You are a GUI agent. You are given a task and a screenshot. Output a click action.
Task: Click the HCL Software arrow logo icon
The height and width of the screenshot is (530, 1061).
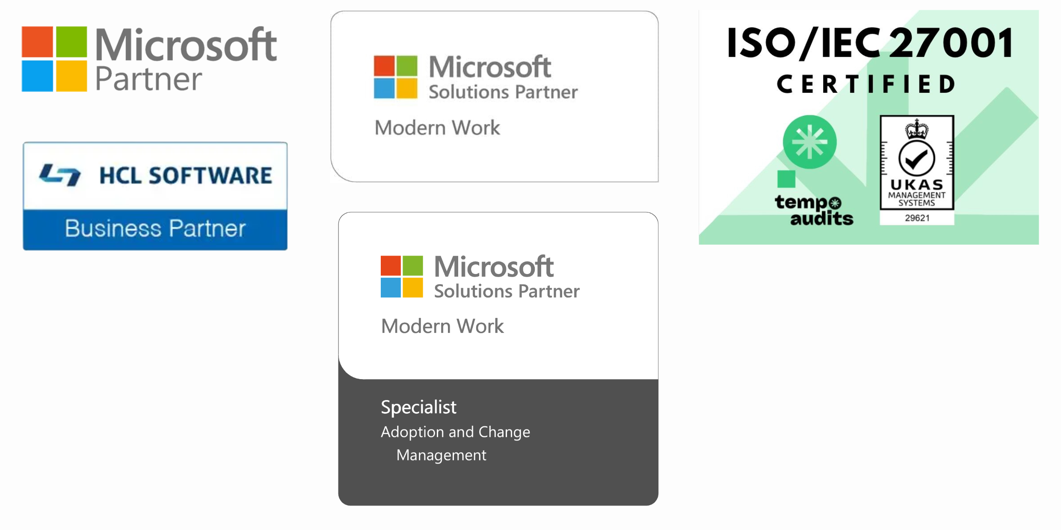(x=60, y=175)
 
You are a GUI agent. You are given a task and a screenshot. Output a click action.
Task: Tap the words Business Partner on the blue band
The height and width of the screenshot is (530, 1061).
(x=155, y=228)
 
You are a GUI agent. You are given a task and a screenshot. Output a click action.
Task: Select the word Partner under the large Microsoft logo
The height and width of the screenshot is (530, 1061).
(x=148, y=79)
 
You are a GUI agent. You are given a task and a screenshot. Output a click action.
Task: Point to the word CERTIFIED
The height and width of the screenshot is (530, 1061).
(x=866, y=84)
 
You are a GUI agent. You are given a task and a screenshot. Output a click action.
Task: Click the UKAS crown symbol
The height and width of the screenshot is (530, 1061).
(x=917, y=129)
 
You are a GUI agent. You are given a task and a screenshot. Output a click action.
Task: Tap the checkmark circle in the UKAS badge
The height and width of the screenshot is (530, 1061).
(x=917, y=158)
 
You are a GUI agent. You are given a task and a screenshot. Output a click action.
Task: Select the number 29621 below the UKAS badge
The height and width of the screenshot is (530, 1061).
(x=917, y=218)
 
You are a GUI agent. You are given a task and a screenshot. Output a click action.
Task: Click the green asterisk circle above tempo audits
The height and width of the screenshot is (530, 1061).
(x=809, y=142)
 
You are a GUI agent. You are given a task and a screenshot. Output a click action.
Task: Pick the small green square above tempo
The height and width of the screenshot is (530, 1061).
(x=786, y=179)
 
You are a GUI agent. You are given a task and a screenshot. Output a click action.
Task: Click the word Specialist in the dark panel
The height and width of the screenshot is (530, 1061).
(x=418, y=407)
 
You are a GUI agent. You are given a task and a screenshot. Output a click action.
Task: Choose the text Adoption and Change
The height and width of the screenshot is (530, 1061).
(x=455, y=432)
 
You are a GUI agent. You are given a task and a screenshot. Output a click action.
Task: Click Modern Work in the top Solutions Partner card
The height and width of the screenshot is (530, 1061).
(x=437, y=128)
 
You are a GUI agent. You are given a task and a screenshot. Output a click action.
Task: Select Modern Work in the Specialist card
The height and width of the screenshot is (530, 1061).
(x=442, y=326)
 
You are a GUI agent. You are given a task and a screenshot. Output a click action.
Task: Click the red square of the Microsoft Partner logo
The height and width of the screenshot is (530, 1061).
(x=37, y=41)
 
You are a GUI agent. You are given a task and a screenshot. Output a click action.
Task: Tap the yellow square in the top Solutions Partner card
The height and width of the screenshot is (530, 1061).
(x=406, y=88)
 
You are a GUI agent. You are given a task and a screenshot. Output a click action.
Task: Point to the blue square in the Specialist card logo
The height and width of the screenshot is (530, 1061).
(x=391, y=288)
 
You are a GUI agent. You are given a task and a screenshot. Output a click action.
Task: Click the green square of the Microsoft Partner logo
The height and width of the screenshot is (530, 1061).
(x=71, y=41)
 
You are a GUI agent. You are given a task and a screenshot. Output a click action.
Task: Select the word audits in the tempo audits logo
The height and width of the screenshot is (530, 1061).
(x=821, y=218)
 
